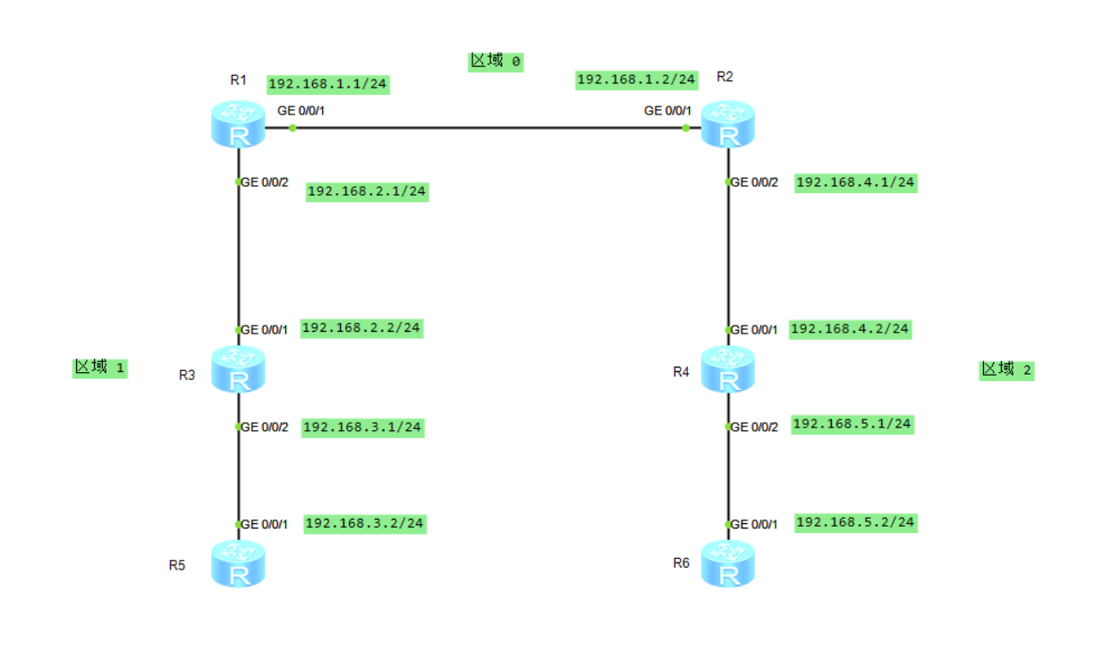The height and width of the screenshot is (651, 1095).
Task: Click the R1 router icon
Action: click(x=238, y=125)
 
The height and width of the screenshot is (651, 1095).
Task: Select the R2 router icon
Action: click(x=728, y=125)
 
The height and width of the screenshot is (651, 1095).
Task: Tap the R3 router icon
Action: click(x=238, y=370)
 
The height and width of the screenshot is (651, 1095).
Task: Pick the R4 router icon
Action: click(x=728, y=370)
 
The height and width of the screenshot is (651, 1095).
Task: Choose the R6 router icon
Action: click(x=728, y=564)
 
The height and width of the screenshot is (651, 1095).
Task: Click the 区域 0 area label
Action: click(x=496, y=61)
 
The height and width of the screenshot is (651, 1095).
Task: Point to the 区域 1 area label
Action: click(x=99, y=368)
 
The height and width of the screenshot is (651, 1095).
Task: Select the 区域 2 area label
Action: click(x=1006, y=369)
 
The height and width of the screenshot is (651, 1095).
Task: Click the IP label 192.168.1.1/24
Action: click(x=328, y=84)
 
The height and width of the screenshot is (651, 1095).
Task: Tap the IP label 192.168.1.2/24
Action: click(x=636, y=80)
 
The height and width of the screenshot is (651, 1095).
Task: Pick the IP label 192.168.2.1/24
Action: click(x=367, y=191)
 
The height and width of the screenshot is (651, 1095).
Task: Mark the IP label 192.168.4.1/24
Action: click(x=855, y=182)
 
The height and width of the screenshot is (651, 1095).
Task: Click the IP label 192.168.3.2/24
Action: click(x=365, y=523)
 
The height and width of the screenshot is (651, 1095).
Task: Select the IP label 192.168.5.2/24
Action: click(x=855, y=522)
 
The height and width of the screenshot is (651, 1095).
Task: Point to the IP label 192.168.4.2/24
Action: click(x=850, y=329)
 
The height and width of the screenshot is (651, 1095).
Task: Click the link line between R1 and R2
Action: click(x=488, y=128)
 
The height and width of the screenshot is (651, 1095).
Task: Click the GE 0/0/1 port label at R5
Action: click(x=265, y=524)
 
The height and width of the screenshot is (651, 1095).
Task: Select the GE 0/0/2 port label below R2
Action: click(x=755, y=182)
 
